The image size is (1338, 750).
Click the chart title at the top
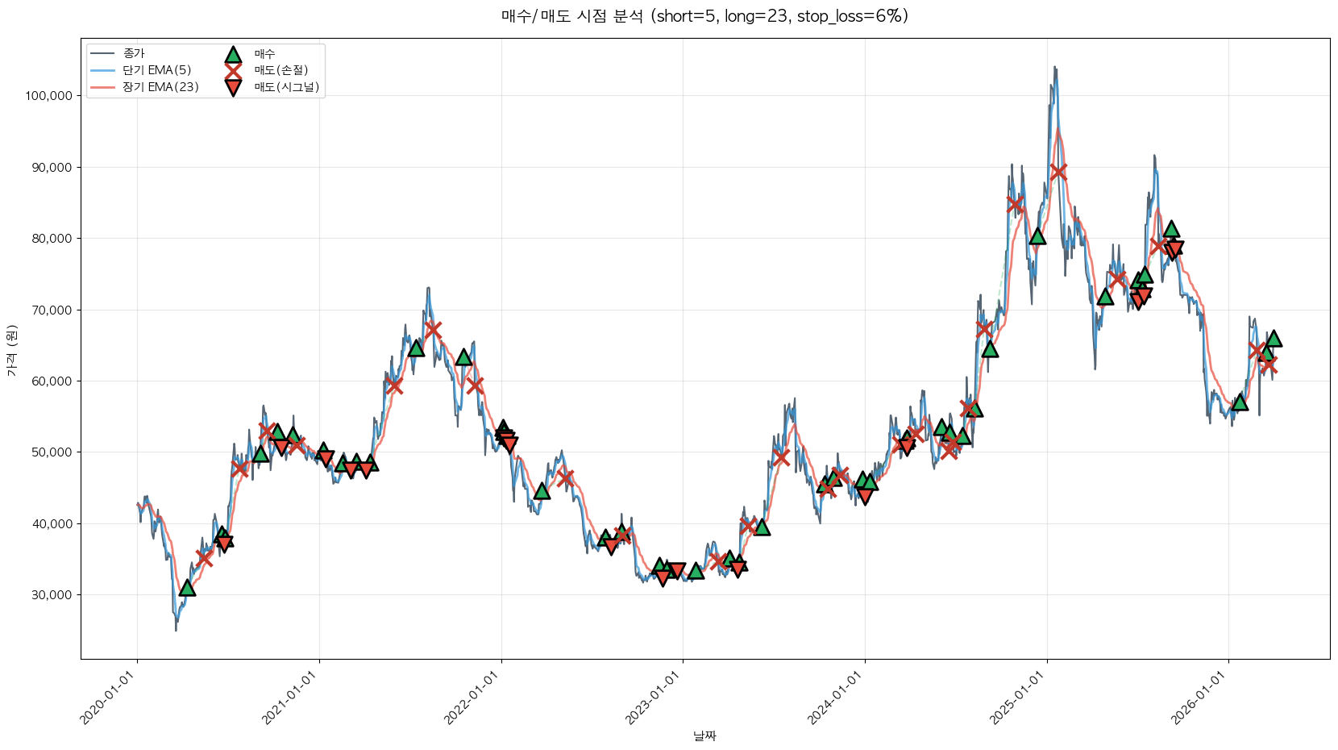click(x=704, y=16)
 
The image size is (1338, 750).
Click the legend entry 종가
click(x=134, y=54)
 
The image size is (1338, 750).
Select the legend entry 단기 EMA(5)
click(x=157, y=70)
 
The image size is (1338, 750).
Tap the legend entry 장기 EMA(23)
click(x=160, y=87)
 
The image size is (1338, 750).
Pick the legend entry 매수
click(x=264, y=54)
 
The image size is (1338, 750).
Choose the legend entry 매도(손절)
click(x=280, y=70)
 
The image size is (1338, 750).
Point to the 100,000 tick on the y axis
click(x=48, y=96)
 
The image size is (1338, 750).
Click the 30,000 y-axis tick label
click(x=52, y=595)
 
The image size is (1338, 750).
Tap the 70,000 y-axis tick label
click(x=52, y=310)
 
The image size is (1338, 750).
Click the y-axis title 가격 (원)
click(x=12, y=350)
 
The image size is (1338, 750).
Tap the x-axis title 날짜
click(x=704, y=735)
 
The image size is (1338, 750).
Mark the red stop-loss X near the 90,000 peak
click(x=1058, y=171)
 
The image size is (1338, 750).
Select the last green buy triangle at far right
click(x=1274, y=338)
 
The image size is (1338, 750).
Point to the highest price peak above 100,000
click(x=1054, y=68)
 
